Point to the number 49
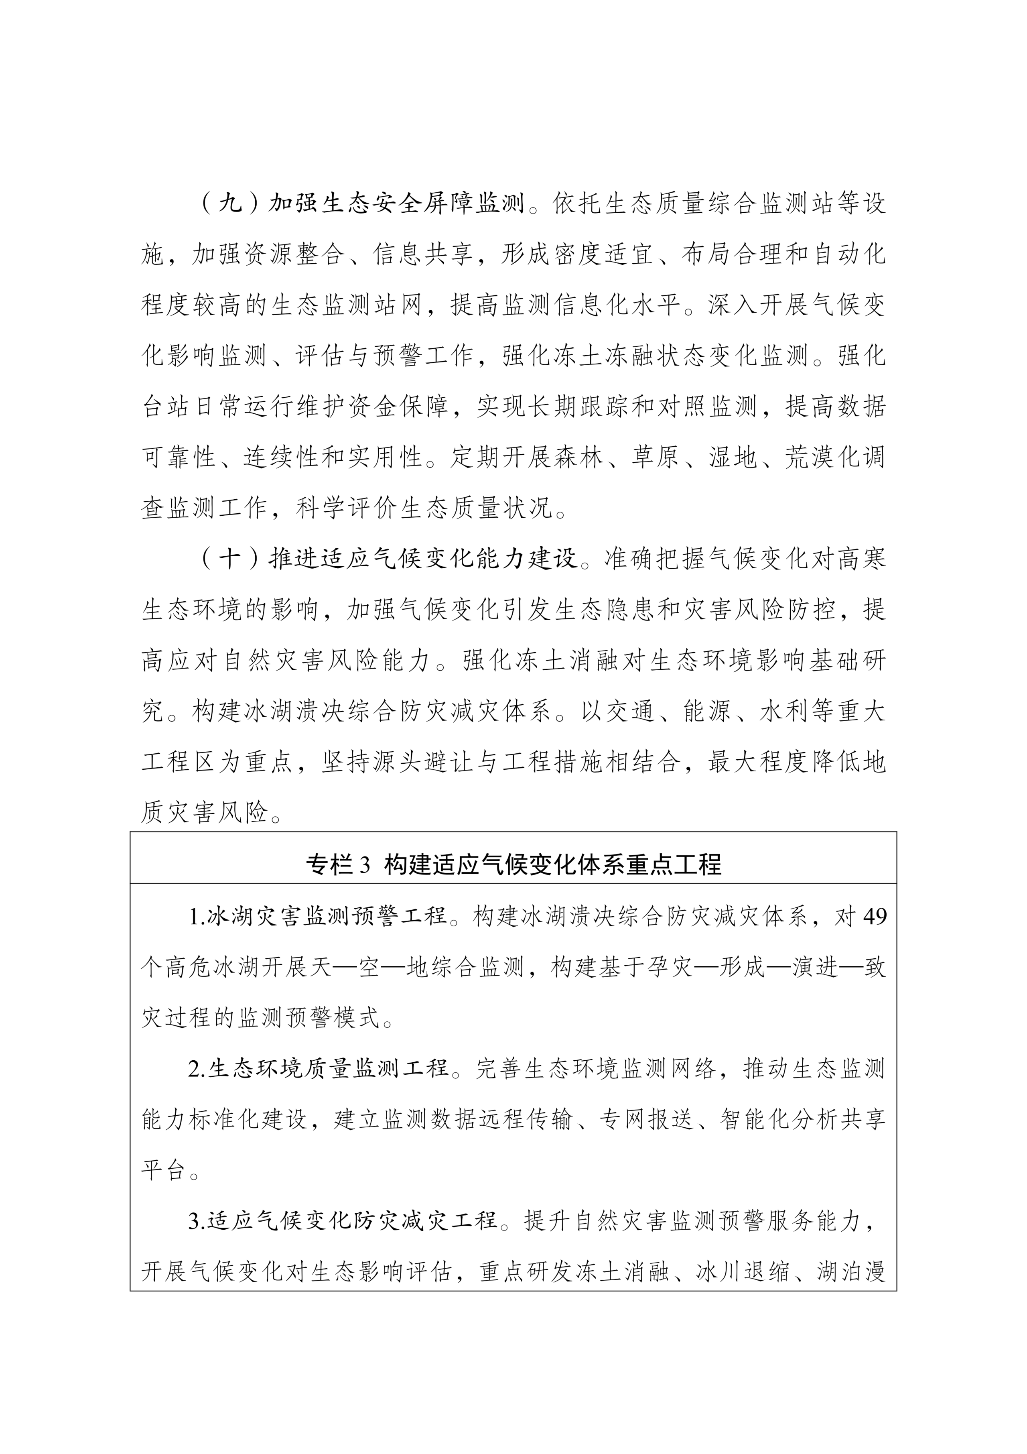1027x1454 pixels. click(x=875, y=916)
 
